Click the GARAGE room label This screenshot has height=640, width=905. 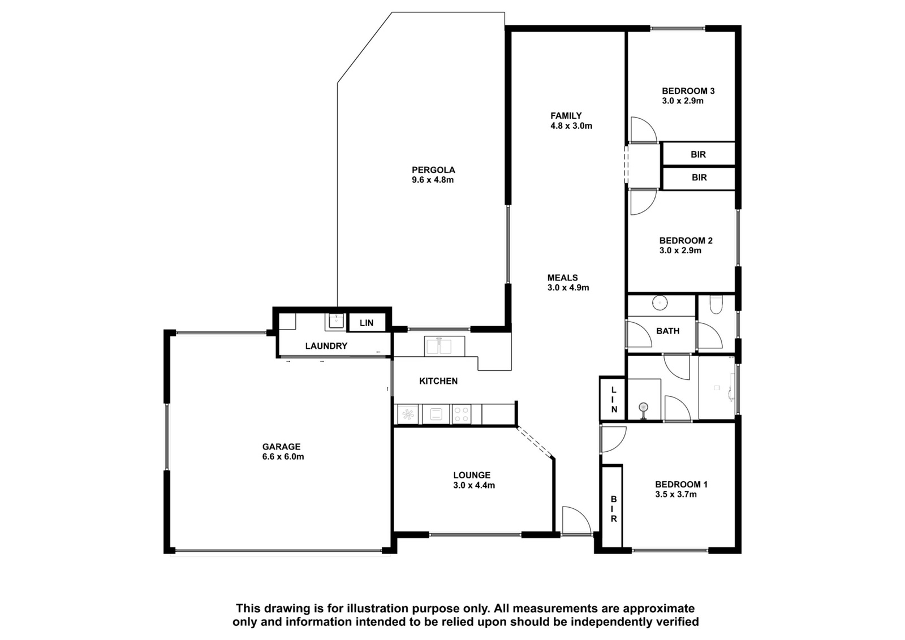pos(281,447)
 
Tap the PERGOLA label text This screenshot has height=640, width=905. pos(433,170)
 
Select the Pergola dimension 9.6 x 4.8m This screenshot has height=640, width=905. pos(433,180)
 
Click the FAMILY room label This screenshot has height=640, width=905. pos(566,116)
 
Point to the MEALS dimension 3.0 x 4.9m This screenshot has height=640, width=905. pos(568,288)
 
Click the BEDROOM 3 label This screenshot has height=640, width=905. pos(688,91)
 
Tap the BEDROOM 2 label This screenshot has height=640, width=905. pos(686,241)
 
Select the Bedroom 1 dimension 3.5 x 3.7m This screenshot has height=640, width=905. pos(676,494)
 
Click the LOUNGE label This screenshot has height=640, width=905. pos(472,475)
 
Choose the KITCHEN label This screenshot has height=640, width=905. pos(438,381)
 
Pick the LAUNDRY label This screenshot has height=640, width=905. pos(326,346)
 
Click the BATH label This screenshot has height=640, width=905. pos(668,331)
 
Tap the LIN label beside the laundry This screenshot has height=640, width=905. pos(367,323)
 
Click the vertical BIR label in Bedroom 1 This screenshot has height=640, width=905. pos(614,509)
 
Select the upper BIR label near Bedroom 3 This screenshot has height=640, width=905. pos(698,154)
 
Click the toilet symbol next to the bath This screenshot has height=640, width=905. pos(716,305)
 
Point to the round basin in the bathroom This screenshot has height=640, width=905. pos(660,302)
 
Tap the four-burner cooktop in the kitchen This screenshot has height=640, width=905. pos(462,414)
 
